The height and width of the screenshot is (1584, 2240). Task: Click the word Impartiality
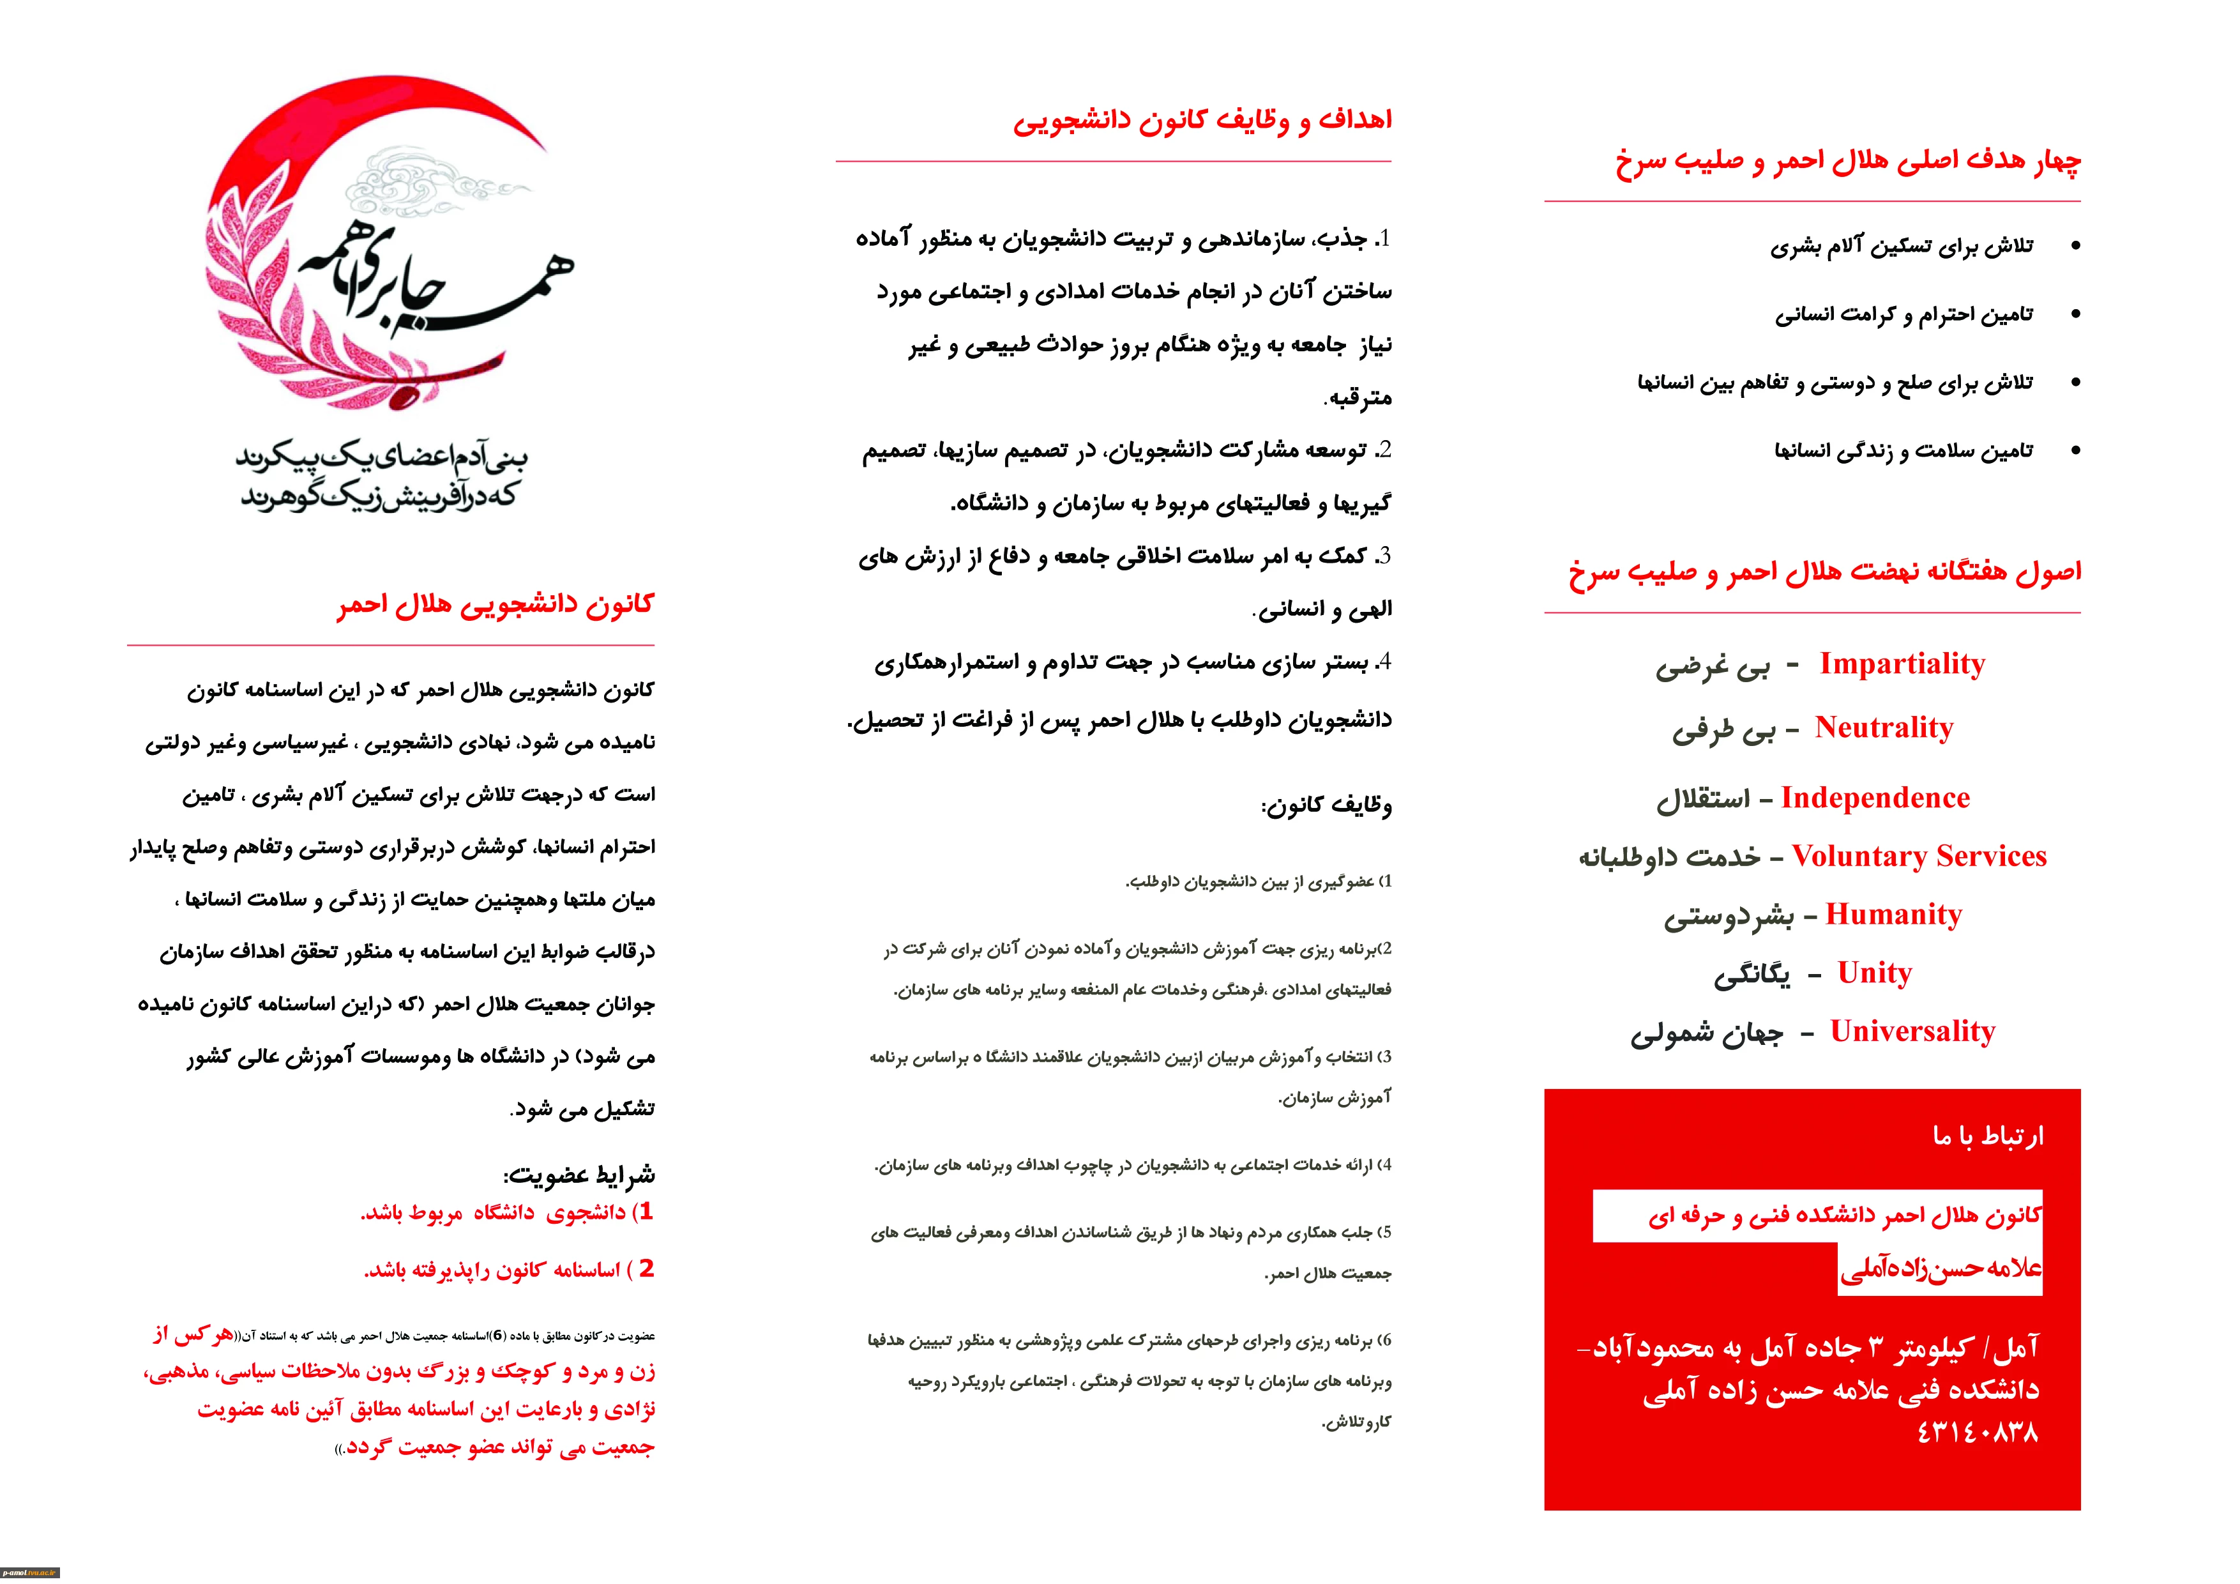coord(1902,665)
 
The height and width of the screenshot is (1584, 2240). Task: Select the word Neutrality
coord(1883,728)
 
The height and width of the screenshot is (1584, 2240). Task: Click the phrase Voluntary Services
coord(1918,857)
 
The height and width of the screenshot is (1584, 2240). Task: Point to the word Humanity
coord(1893,915)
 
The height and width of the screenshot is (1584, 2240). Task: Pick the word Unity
coord(1874,974)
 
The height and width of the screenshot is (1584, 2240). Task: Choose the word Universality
coord(1912,1033)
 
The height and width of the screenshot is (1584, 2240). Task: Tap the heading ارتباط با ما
coord(1987,1136)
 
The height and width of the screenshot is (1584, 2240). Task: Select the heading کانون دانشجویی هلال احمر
coord(496,605)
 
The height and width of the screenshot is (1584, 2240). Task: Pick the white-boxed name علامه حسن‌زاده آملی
coord(1939,1268)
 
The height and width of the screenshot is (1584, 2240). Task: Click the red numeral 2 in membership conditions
coord(646,1268)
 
